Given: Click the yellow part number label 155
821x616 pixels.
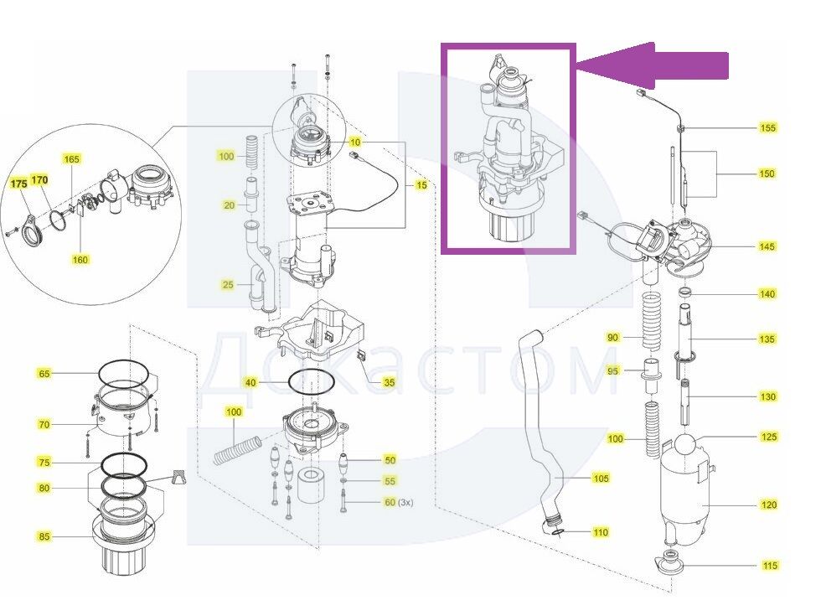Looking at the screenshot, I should click(x=767, y=128).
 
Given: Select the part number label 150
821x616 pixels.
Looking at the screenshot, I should click(x=767, y=174).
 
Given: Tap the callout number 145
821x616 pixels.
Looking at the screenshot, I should click(x=767, y=246).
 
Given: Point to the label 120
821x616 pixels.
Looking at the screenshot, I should click(x=769, y=505).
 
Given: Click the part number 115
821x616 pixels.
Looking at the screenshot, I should click(x=769, y=566).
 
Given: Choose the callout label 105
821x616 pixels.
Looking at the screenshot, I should click(x=600, y=479).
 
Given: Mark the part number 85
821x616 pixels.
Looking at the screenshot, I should click(x=44, y=536).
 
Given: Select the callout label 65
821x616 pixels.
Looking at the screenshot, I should click(x=44, y=374).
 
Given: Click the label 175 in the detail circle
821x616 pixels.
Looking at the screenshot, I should click(x=18, y=181).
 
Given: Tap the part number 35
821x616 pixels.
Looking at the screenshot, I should click(x=389, y=382).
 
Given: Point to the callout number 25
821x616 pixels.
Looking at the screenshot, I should click(x=228, y=285).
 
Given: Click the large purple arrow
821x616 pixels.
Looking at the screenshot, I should click(x=653, y=65).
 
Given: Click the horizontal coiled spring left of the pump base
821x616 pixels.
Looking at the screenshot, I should click(x=238, y=449).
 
